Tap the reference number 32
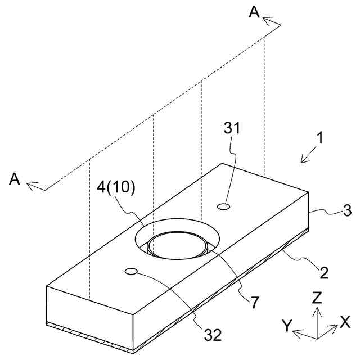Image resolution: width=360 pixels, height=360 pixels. coord(213,335)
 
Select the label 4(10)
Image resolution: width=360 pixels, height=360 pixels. coord(116,187)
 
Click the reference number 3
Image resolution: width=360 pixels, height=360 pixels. coord(331,211)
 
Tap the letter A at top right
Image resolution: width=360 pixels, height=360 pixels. coord(255,12)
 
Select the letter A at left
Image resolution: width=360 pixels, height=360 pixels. coord(15,179)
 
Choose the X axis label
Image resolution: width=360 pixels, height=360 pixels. coord(345,321)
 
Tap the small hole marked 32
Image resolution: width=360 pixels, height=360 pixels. coord(132,272)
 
